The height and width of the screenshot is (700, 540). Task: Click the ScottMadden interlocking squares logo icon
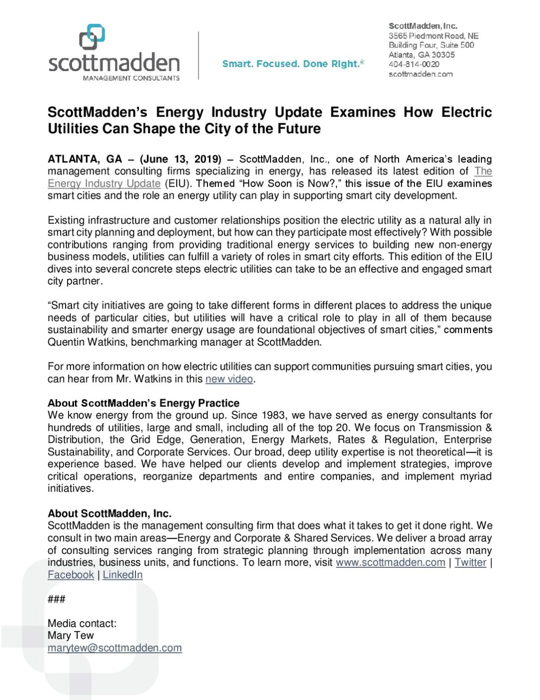click(92, 37)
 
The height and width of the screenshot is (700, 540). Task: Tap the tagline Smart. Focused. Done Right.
click(292, 64)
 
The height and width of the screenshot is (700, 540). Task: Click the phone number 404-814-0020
click(414, 64)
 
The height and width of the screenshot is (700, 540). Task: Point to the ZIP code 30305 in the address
click(443, 55)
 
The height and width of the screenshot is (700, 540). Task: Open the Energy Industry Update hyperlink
click(104, 184)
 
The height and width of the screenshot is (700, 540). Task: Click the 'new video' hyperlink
click(229, 379)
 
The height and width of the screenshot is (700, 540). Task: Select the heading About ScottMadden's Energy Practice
click(143, 403)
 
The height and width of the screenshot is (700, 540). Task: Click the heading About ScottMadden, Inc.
click(109, 513)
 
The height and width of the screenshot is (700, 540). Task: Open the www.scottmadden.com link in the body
click(390, 562)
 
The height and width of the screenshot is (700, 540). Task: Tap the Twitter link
click(470, 562)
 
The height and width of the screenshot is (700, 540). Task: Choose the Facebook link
click(70, 575)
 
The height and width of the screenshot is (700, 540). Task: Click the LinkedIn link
click(122, 575)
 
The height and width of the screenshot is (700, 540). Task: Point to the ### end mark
click(56, 599)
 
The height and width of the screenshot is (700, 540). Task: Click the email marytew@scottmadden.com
click(114, 648)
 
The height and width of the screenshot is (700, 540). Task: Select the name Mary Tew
click(70, 635)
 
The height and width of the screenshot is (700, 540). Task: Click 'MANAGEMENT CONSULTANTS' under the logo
click(131, 78)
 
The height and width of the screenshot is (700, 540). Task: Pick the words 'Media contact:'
click(82, 623)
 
